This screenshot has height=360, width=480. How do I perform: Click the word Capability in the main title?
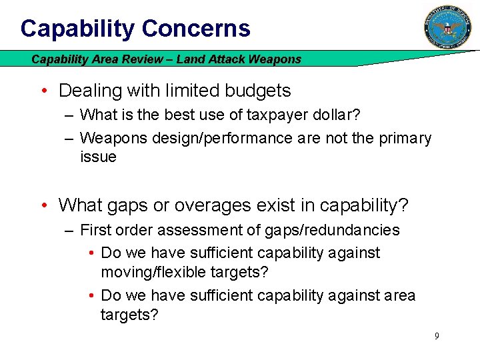[x=78, y=29]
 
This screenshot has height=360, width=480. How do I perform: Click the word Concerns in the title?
[x=196, y=29]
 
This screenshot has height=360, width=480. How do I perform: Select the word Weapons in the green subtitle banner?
[x=275, y=59]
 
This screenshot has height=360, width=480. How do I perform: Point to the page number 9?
[x=437, y=336]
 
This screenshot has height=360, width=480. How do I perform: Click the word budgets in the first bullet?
[x=257, y=91]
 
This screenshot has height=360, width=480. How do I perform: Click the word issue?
[x=98, y=157]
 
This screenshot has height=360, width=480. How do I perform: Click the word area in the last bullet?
[x=398, y=295]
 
